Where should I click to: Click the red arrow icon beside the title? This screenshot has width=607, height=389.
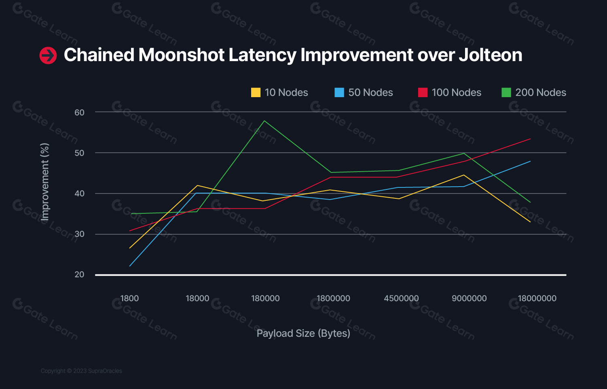(48, 55)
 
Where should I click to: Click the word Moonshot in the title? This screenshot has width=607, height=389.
(181, 55)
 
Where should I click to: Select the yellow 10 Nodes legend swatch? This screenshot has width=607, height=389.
(256, 93)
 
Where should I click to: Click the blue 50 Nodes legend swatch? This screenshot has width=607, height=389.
(339, 93)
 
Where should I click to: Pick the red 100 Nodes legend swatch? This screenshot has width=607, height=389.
(423, 93)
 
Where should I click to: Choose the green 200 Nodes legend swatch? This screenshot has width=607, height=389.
(506, 93)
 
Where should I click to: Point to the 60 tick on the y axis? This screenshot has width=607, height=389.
(79, 113)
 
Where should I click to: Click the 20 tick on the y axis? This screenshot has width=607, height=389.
(79, 274)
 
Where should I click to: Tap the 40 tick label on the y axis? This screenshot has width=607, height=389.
(79, 193)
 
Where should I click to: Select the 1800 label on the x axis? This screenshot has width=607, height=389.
(129, 298)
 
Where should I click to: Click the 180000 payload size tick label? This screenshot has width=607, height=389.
(265, 298)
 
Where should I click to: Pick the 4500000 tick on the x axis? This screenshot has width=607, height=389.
(401, 298)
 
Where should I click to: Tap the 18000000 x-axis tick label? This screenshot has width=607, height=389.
(537, 298)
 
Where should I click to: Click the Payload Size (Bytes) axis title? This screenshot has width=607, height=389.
(303, 333)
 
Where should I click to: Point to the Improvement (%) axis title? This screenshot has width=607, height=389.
(45, 182)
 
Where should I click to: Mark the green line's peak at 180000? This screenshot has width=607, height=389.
(264, 121)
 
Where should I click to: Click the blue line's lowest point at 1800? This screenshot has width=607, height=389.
(130, 266)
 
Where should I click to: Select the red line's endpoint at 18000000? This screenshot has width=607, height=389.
(530, 139)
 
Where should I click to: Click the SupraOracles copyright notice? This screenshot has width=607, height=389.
(81, 371)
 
